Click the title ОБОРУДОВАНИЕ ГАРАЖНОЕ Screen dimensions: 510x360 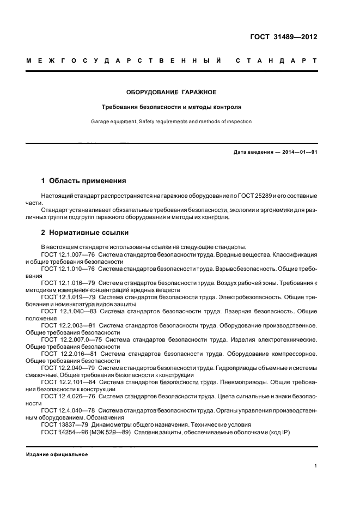point(172,92)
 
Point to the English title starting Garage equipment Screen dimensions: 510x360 point(172,122)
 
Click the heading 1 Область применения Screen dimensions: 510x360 point(84,180)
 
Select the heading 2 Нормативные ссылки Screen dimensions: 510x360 point(85,232)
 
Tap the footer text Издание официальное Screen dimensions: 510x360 point(57,454)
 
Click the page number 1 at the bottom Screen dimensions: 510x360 point(315,466)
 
